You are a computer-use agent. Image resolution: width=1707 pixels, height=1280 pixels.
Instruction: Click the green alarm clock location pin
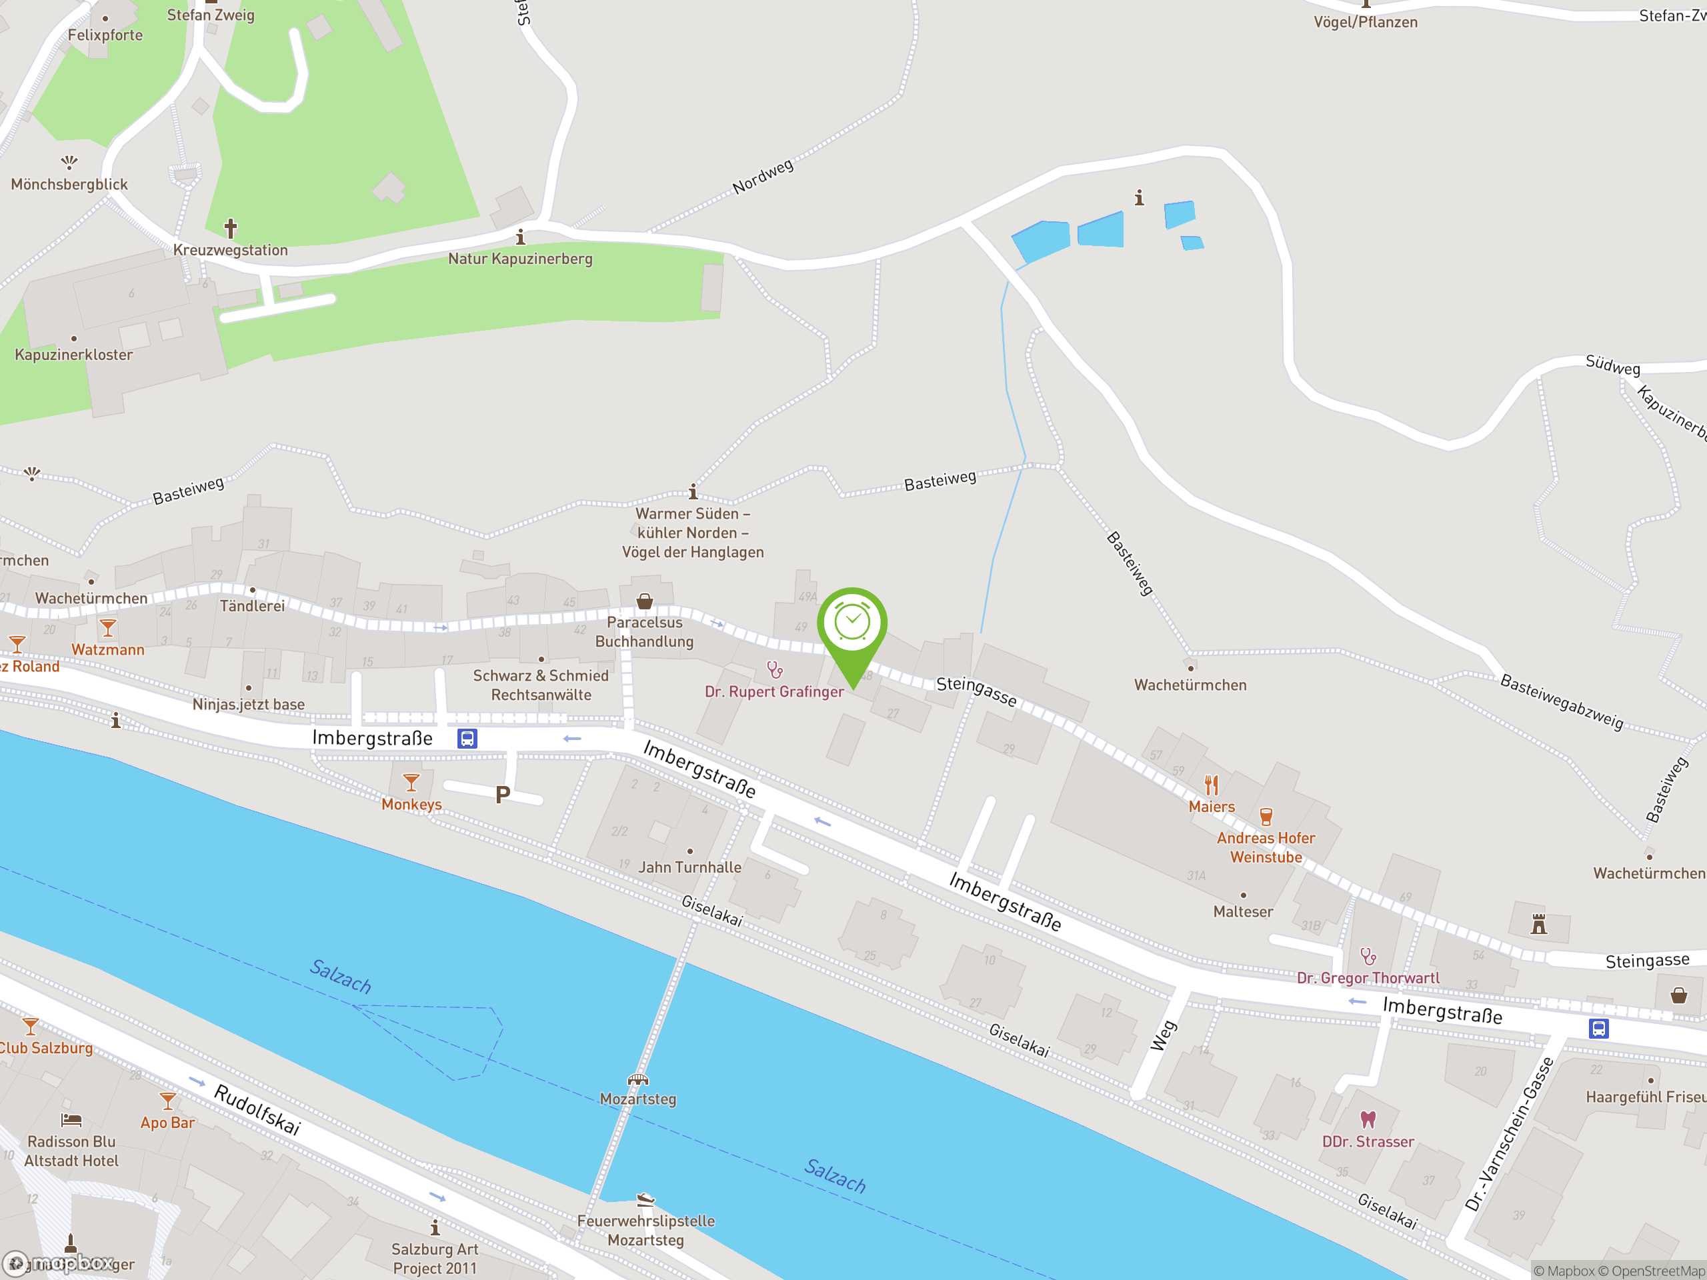[852, 625]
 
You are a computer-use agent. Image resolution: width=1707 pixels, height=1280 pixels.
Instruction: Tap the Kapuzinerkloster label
[74, 355]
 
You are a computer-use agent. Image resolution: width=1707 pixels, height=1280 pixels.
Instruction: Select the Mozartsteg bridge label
[638, 1099]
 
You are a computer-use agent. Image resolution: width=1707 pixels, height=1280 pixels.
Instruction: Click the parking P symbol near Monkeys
[502, 794]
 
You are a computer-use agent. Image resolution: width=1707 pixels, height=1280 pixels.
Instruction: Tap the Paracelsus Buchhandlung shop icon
[644, 601]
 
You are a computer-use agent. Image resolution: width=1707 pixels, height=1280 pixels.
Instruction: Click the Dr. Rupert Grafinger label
[774, 692]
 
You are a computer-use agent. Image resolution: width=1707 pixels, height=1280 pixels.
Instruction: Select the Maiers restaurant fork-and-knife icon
[1212, 785]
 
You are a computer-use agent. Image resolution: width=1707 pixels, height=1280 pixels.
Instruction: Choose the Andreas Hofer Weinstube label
[1266, 847]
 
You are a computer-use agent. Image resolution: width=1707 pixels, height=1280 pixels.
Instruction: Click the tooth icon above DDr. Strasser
[1368, 1119]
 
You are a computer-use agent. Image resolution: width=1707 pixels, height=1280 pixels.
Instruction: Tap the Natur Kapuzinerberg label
[520, 259]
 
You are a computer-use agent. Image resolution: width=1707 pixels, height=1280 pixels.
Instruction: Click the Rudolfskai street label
[257, 1109]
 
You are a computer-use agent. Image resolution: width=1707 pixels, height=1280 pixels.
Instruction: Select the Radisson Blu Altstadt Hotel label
[72, 1151]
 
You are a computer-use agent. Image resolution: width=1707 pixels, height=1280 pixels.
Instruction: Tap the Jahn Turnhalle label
[690, 867]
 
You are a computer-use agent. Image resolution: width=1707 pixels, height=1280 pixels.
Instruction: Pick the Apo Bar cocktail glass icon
[167, 1100]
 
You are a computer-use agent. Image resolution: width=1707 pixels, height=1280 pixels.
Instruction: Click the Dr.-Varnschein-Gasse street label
[1510, 1133]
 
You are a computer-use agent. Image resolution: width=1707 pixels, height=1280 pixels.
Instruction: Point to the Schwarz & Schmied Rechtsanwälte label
[541, 685]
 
